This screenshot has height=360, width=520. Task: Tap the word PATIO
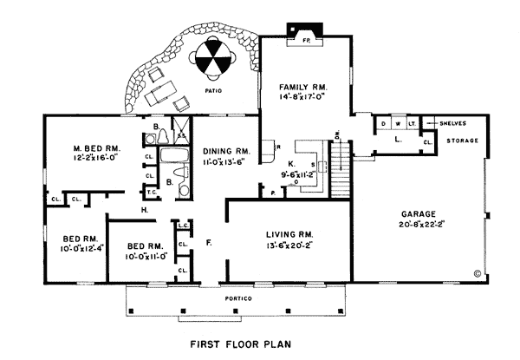(x=213, y=89)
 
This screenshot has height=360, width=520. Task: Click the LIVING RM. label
(x=279, y=234)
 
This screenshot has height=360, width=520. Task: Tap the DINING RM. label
(x=225, y=150)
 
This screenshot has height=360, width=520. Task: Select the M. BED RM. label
(x=95, y=149)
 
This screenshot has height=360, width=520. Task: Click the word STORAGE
(x=461, y=140)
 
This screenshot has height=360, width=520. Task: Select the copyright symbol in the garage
(x=477, y=272)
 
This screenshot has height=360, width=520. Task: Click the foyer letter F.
(x=211, y=239)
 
